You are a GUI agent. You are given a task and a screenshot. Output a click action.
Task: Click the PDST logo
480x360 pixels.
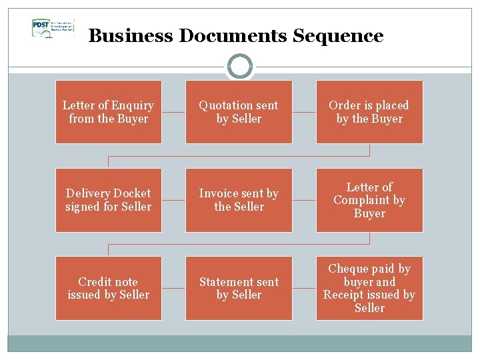(52, 28)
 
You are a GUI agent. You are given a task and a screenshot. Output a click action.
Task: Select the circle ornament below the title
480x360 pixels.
(240, 66)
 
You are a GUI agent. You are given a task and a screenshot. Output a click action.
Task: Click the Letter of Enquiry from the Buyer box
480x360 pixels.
(108, 112)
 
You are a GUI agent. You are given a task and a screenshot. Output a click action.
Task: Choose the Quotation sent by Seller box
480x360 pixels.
(239, 112)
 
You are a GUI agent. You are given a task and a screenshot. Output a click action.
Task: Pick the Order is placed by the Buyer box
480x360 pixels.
(369, 112)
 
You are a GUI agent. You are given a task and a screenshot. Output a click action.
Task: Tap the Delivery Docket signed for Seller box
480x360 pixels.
(108, 200)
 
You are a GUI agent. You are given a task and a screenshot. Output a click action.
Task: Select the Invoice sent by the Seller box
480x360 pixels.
(239, 200)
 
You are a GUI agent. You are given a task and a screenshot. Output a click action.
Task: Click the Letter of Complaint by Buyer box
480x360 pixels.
(369, 200)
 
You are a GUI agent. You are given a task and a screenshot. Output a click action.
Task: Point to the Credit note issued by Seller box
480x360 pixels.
(108, 288)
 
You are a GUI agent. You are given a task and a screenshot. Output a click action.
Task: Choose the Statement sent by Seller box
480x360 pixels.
(239, 288)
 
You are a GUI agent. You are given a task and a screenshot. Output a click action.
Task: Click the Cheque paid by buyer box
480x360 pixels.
(369, 288)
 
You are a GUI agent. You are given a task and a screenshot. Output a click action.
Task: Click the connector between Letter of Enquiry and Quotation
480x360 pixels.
(173, 112)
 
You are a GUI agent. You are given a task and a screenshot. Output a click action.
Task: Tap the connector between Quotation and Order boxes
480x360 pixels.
(304, 112)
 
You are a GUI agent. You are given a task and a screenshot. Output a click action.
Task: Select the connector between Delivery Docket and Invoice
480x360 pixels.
(173, 200)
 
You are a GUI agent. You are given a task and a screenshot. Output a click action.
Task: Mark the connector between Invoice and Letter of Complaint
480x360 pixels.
(304, 200)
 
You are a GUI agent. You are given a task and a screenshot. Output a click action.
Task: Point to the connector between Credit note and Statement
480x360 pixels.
(173, 288)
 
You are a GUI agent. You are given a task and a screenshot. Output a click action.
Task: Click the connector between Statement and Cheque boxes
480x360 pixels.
(304, 288)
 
